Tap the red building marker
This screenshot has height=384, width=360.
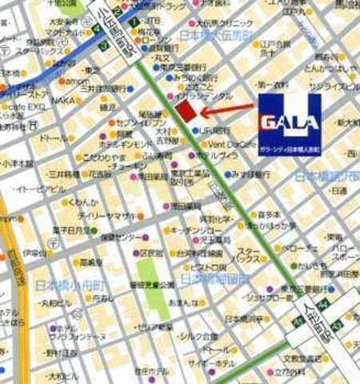click(186, 111)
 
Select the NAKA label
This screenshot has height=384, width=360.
click(64, 102)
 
